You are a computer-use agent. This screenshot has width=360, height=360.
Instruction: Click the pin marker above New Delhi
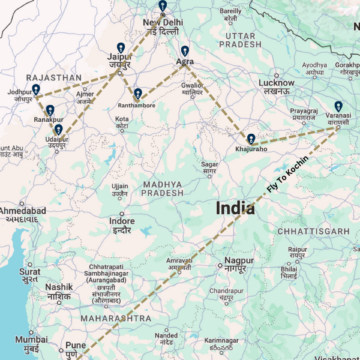tap(163, 6)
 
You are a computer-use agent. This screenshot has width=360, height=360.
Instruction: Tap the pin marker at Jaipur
tap(121, 48)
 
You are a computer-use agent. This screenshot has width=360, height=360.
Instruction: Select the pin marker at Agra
tap(185, 51)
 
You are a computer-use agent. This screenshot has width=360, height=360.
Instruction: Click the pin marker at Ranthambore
tap(138, 94)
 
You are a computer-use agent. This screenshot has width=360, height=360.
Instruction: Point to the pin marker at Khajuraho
tap(251, 139)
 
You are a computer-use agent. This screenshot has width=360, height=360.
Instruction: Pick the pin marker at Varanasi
tap(338, 106)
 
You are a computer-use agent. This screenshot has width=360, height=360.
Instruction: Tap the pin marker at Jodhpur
tap(36, 89)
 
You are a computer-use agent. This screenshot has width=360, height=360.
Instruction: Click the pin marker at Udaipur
tap(58, 130)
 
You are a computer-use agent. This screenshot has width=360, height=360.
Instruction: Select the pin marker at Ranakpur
tap(50, 110)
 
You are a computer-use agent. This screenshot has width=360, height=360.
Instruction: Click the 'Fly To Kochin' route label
tap(287, 175)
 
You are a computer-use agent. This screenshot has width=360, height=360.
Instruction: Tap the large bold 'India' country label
tap(235, 209)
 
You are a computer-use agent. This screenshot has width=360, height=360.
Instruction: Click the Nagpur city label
tap(239, 261)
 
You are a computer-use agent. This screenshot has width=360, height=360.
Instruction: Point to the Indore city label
tap(122, 222)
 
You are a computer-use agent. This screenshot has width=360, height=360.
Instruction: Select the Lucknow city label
tap(276, 83)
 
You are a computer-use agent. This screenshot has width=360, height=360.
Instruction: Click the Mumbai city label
tap(31, 339)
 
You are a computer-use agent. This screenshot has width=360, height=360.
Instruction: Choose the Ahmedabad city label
tap(22, 212)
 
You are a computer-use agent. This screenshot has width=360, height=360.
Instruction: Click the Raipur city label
tap(297, 250)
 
